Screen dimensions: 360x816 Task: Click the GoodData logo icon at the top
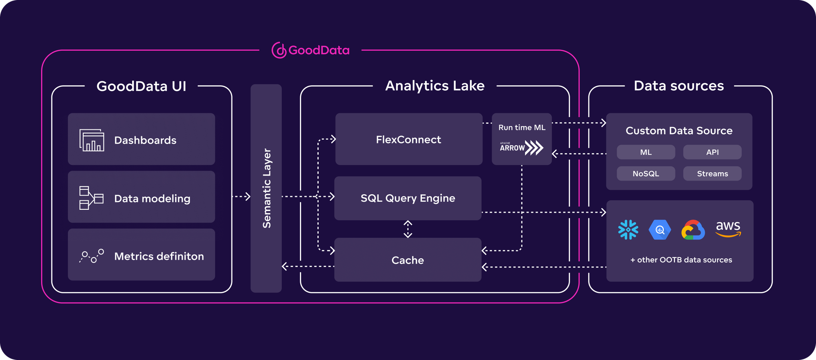pos(279,50)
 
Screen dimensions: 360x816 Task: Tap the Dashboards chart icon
pos(91,140)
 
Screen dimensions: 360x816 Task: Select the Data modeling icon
pos(91,198)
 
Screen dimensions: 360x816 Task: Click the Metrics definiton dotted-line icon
pos(91,256)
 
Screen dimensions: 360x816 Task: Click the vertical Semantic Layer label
pos(266,188)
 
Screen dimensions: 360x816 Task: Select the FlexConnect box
pos(408,140)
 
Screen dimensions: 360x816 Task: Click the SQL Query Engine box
pos(408,198)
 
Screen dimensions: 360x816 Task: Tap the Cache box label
pos(408,260)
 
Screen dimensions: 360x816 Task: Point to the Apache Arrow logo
pos(521,148)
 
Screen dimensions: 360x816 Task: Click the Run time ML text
pos(521,127)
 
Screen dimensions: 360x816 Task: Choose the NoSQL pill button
pos(645,173)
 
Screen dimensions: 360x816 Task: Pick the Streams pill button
pos(712,173)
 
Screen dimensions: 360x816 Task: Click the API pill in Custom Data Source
pos(712,152)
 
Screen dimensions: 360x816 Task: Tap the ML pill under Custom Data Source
pos(645,152)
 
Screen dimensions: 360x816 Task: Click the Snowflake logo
pos(628,230)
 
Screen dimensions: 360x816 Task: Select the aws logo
pos(728,229)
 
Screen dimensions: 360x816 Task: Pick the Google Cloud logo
pos(693,230)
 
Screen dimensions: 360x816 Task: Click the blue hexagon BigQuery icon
pos(660,230)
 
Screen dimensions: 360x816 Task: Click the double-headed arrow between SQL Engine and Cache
pos(408,229)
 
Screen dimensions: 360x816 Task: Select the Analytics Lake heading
pos(435,86)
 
